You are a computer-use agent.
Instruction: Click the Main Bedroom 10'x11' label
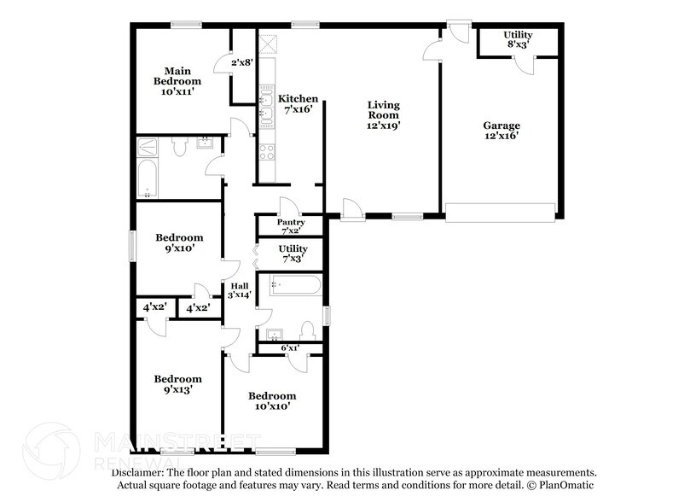pos(177,81)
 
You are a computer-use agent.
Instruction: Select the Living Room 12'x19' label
pos(383,114)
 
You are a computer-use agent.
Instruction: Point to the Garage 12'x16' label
pos(501,131)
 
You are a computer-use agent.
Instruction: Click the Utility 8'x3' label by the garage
pos(518,38)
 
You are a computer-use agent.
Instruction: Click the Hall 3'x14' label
pos(239,289)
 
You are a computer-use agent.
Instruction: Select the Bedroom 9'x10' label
pos(178,243)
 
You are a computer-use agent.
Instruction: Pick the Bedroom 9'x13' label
pos(177,384)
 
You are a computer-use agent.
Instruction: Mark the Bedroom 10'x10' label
pos(272,401)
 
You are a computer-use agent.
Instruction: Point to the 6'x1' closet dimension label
pos(291,347)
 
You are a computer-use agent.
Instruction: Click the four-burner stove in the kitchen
pos(265,153)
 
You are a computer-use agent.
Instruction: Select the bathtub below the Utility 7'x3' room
pos(295,285)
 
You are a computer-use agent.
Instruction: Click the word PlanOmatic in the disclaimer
pos(568,484)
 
